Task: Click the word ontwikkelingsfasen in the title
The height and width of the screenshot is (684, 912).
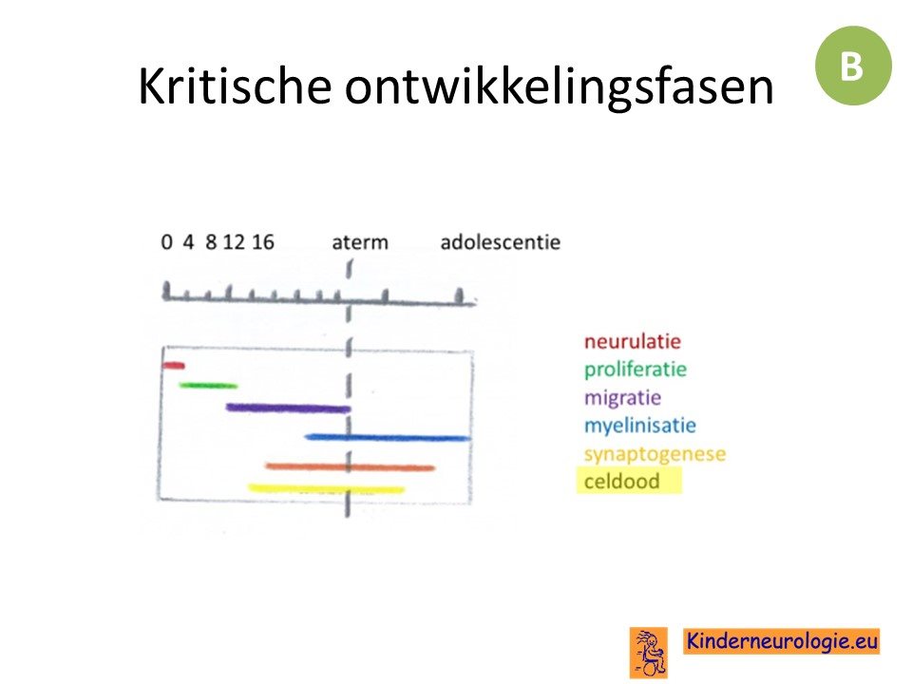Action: point(559,87)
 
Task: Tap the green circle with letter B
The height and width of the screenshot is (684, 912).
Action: point(853,66)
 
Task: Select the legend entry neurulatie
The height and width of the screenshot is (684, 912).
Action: point(633,341)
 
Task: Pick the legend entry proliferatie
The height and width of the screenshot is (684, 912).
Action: point(636,370)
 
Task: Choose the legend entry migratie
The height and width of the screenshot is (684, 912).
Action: point(622,398)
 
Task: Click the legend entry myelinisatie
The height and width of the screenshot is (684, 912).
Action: point(639,426)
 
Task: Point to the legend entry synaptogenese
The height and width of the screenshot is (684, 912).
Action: point(655,454)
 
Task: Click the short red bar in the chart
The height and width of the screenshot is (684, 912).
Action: point(173,365)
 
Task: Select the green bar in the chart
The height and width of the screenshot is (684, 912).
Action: point(208,385)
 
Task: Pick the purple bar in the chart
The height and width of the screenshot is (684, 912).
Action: point(289,408)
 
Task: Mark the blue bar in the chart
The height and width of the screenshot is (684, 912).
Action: point(388,437)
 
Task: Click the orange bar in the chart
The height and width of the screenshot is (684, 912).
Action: point(351,466)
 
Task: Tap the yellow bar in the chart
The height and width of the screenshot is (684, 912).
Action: point(326,488)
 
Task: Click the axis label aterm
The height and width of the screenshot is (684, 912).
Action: point(360,242)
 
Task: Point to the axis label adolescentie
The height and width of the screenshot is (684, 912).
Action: point(501,242)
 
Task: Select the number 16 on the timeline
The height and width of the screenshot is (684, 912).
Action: point(263,242)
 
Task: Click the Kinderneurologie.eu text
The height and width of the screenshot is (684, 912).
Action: point(782,641)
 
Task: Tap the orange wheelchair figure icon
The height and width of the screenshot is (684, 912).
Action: point(649,653)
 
